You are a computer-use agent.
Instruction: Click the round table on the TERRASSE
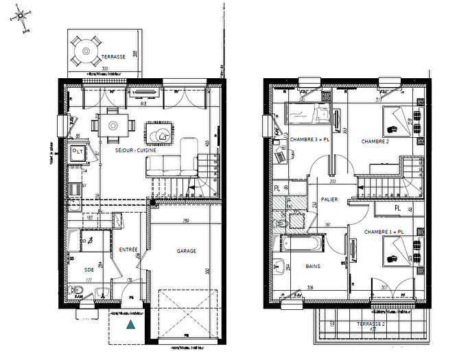pos(86,50)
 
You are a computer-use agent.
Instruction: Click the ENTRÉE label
pos(128,250)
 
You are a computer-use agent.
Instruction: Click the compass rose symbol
pos(22,15)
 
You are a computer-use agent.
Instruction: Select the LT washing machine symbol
pos(78,152)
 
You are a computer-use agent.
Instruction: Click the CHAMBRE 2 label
pos(375,141)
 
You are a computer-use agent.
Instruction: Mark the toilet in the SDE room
pos(78,293)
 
